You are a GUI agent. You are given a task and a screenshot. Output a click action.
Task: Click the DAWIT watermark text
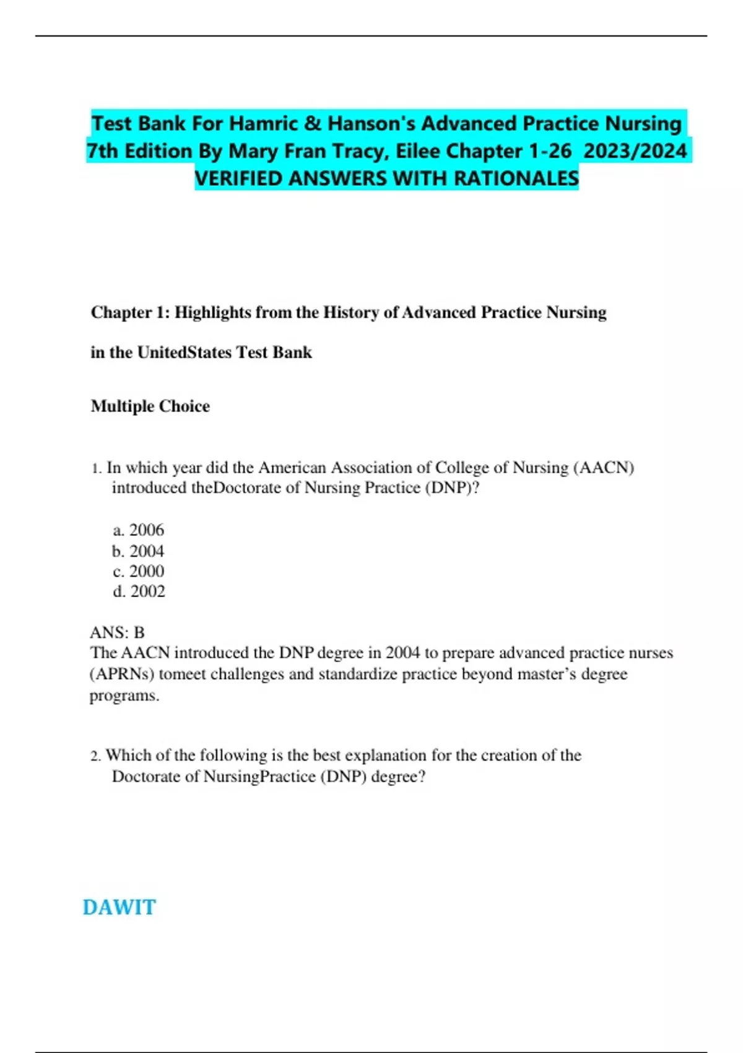click(119, 907)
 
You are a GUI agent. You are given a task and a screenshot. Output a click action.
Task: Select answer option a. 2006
click(139, 530)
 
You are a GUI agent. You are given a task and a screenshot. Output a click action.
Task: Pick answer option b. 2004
click(139, 551)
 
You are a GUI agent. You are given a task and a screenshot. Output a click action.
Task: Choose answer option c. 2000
click(139, 571)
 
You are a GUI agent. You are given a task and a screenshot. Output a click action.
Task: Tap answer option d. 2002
click(139, 592)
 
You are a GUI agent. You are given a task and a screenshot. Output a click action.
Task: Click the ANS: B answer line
click(117, 632)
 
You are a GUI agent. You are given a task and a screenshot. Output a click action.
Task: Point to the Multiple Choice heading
click(150, 406)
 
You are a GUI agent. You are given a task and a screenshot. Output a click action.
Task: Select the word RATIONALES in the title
click(516, 178)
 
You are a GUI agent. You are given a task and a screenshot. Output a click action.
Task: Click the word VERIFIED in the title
click(239, 178)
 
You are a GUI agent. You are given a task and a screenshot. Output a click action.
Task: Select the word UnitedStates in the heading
click(184, 352)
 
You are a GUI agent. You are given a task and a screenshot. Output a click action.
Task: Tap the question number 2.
click(95, 756)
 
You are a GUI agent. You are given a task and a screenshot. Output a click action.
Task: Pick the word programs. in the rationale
click(124, 696)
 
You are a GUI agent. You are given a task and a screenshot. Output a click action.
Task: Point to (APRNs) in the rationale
click(122, 674)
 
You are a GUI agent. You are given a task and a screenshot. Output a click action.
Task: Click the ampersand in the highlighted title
click(313, 123)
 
